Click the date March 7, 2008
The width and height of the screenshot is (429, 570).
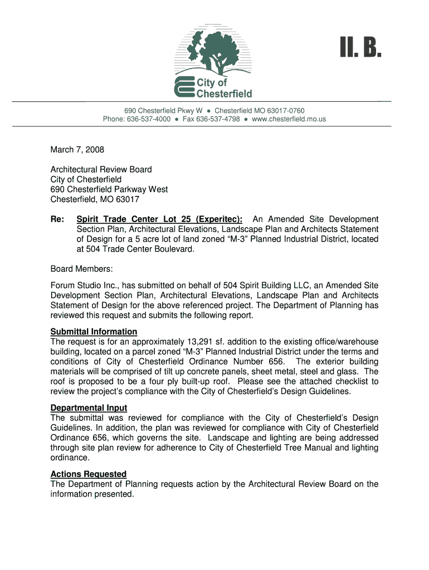coord(77,150)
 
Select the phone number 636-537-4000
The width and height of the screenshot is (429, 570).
coord(149,119)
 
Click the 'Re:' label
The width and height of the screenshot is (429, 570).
coord(57,219)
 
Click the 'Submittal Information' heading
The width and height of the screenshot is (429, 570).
coord(94,332)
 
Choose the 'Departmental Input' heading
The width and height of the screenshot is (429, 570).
coord(89,408)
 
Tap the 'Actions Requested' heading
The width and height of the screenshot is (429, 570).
coord(89,474)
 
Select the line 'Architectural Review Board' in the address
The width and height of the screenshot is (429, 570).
coord(101,169)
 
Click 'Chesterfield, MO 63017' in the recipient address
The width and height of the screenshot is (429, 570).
coord(95,199)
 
